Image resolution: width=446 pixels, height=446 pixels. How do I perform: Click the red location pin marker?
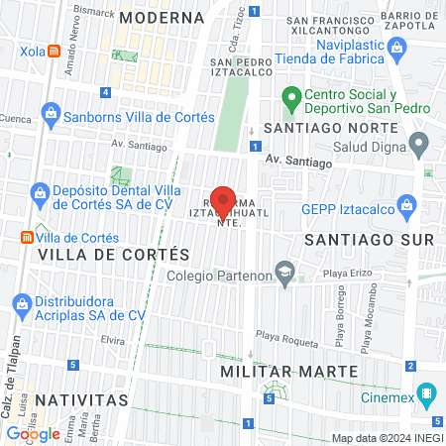click(x=224, y=202)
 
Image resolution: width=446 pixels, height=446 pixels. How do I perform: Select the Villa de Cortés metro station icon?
click(x=27, y=239)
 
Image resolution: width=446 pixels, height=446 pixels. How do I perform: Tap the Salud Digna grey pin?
click(x=419, y=145)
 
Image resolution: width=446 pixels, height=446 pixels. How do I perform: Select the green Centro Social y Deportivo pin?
click(x=290, y=97)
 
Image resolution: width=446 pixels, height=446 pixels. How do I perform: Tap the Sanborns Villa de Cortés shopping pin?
click(x=51, y=116)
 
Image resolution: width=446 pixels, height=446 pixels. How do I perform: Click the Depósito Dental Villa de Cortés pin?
click(x=40, y=191)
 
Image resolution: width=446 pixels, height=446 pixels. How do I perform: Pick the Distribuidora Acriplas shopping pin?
click(x=24, y=303)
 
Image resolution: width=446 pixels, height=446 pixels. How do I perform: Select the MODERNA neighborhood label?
click(x=161, y=17)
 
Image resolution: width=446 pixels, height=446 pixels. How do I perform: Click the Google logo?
click(x=34, y=433)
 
